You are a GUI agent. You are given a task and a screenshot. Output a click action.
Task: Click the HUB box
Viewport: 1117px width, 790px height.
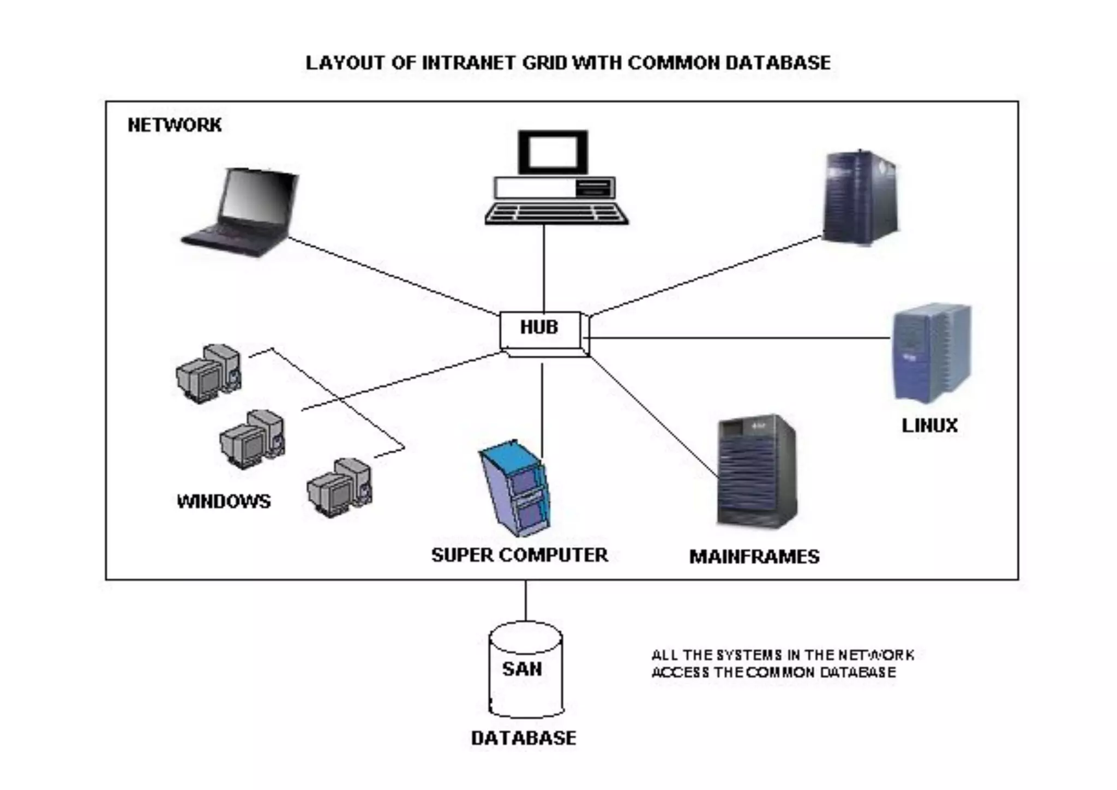(x=540, y=330)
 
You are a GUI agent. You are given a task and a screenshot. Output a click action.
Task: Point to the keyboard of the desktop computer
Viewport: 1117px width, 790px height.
(x=556, y=213)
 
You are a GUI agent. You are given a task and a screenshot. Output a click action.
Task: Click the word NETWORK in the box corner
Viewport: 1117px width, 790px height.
(x=175, y=125)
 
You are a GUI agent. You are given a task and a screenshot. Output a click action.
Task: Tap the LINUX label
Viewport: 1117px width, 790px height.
(x=929, y=426)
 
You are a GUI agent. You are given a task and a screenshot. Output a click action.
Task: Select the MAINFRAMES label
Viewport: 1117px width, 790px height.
(x=754, y=556)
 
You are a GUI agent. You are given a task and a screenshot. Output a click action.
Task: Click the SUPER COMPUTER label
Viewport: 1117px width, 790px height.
(x=519, y=555)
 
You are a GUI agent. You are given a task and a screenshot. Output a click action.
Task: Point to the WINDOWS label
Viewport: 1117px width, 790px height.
(x=224, y=501)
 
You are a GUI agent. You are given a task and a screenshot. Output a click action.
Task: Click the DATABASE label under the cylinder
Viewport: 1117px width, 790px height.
(x=524, y=738)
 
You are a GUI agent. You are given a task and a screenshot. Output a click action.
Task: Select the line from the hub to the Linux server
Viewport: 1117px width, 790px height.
(x=736, y=338)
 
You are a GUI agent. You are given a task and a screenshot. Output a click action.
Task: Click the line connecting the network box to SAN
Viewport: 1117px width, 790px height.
(x=526, y=600)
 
